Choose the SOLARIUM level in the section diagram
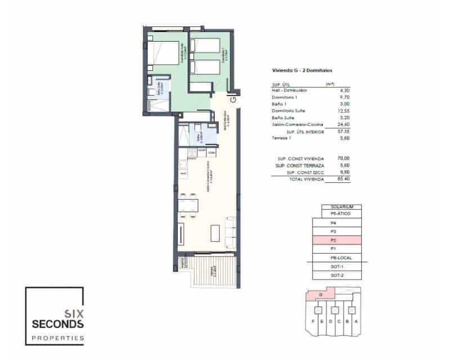pos(341,206)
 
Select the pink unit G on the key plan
pos(319,294)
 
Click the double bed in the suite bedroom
pos(167,53)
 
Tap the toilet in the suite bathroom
pos(152,92)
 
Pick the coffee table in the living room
pos(215,232)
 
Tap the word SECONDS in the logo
pos(58,325)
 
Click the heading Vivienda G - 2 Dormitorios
pos(302,71)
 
